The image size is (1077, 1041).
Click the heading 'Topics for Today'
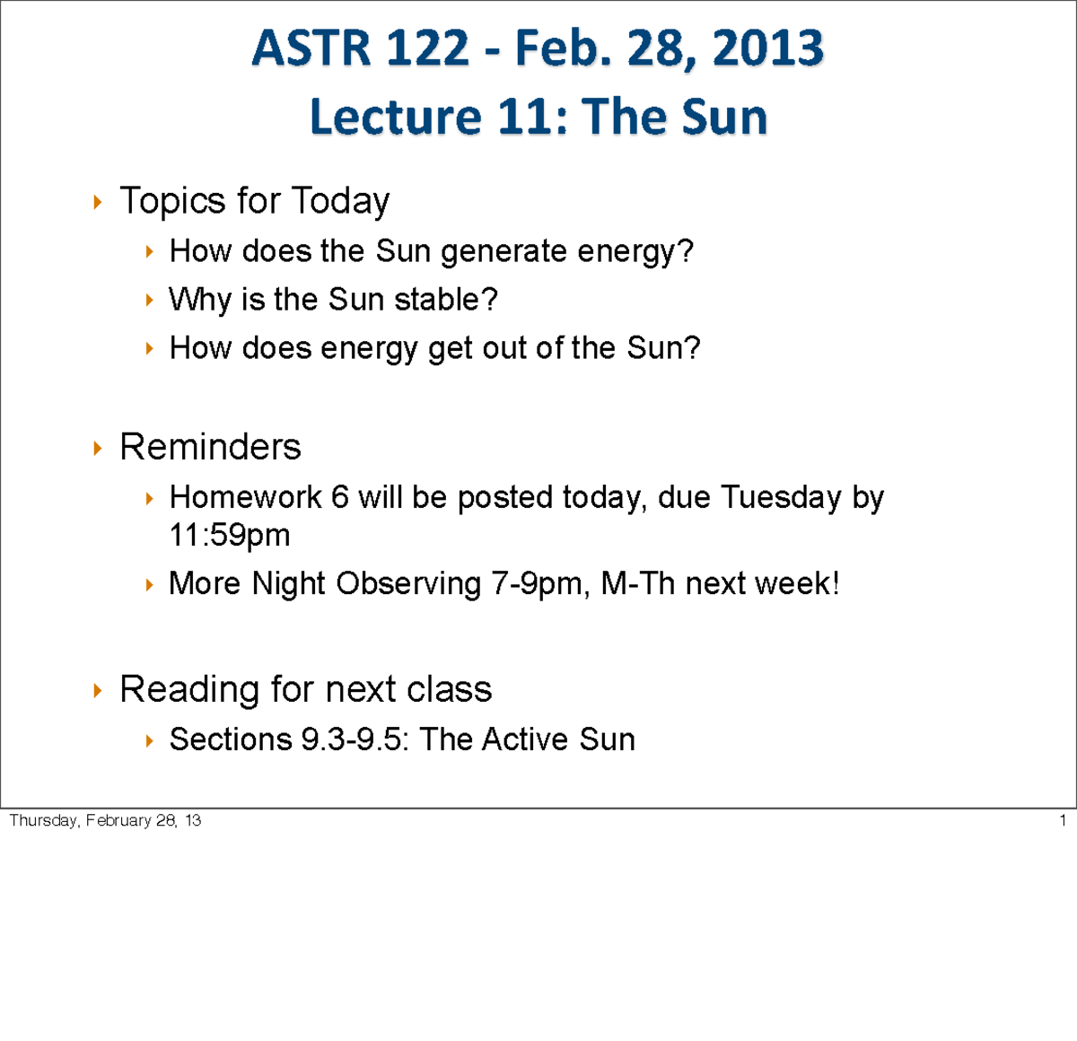[x=254, y=200]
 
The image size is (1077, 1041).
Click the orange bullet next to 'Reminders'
[x=98, y=448]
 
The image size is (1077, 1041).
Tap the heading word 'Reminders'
[x=210, y=447]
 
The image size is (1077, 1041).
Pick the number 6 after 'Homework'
[x=340, y=497]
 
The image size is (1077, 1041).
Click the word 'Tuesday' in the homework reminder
[x=781, y=497]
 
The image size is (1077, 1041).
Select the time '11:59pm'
[x=230, y=535]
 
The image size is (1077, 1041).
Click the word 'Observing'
[x=408, y=584]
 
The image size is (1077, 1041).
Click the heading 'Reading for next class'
[x=305, y=689]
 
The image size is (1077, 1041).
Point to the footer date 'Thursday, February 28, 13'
[x=105, y=820]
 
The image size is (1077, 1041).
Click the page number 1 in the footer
[x=1063, y=820]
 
